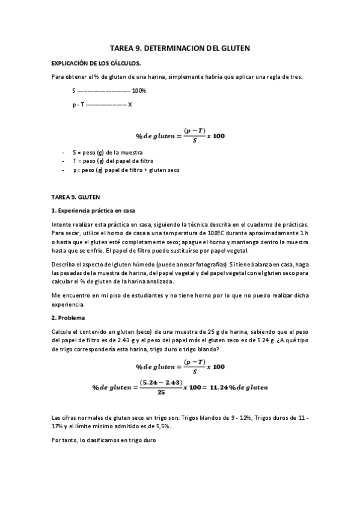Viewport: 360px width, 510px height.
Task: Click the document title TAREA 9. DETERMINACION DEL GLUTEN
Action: (180, 47)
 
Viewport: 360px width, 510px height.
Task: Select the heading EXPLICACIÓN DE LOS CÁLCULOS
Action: (96, 63)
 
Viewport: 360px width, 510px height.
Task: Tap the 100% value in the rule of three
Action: (139, 91)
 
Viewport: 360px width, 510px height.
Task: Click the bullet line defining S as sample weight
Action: (103, 153)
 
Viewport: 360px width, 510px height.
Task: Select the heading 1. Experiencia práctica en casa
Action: (93, 210)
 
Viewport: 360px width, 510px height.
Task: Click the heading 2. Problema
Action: (69, 317)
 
